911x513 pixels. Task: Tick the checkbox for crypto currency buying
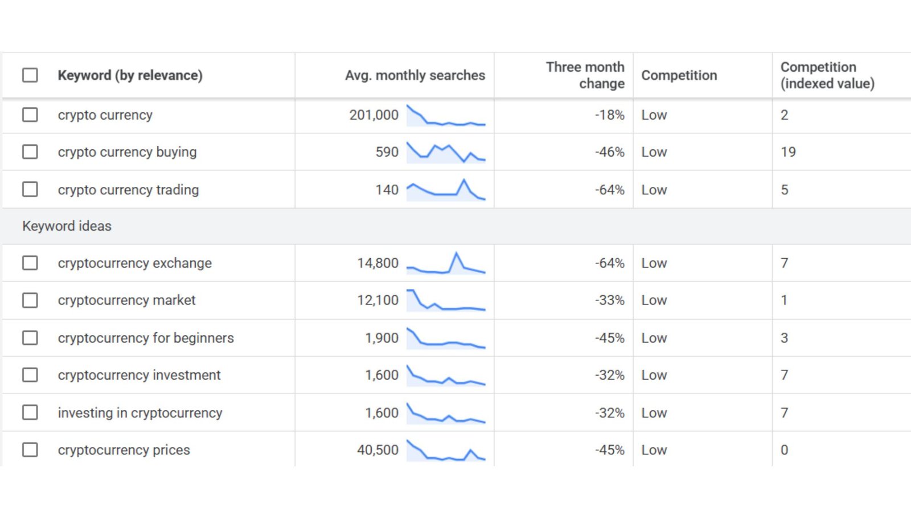30,152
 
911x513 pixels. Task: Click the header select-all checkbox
30,75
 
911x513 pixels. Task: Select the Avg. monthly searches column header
415,75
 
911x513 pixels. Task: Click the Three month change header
585,75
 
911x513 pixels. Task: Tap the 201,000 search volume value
374,115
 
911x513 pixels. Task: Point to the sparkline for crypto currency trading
446,190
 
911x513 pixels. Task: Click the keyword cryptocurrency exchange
134,263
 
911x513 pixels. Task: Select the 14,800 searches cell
377,263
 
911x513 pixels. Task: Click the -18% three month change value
609,115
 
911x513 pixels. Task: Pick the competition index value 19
788,152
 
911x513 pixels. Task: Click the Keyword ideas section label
67,226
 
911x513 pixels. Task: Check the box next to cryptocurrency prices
30,450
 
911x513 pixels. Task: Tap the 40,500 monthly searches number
377,450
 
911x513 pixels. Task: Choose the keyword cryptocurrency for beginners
145,338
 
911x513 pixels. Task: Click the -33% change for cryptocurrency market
609,300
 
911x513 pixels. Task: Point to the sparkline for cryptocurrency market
446,300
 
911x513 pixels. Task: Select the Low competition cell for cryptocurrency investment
654,375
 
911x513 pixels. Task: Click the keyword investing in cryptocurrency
139,413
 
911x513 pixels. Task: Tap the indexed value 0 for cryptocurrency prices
784,450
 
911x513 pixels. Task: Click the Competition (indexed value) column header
827,75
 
